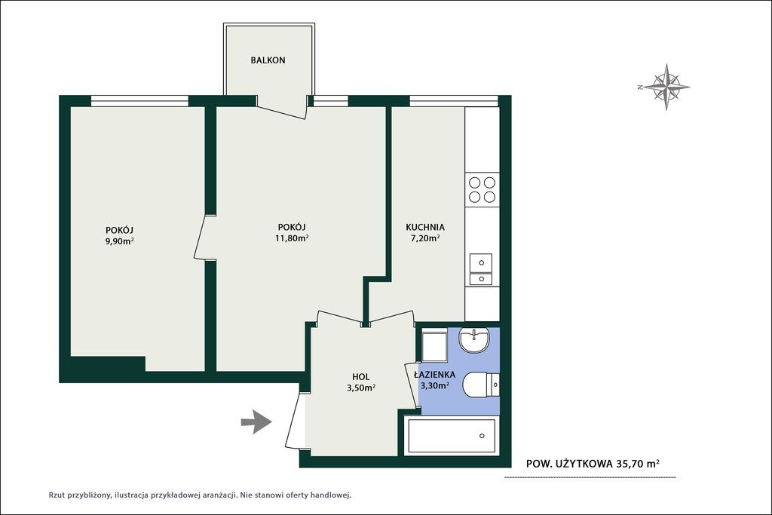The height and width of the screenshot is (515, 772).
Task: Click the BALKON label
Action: [268, 60]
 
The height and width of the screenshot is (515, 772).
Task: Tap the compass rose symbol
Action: [666, 87]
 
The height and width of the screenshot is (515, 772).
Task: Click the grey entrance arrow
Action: [256, 422]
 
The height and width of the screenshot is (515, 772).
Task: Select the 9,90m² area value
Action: [120, 241]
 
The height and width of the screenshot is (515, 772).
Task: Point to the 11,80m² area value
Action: [292, 238]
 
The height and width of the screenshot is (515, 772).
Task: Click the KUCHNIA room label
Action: [425, 227]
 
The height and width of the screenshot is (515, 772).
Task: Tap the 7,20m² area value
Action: [425, 238]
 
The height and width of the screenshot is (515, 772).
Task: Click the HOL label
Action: [361, 377]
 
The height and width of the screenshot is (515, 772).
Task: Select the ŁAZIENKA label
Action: [434, 375]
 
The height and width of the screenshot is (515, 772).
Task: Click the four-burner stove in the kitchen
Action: [482, 189]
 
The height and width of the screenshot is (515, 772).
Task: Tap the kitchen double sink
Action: [482, 269]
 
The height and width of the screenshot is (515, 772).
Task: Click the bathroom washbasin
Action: [474, 340]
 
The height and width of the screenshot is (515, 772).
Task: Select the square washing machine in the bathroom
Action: [433, 345]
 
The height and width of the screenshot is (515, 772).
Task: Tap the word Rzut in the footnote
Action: [56, 495]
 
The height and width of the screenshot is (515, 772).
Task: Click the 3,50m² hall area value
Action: [361, 388]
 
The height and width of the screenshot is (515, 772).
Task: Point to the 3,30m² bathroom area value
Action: [434, 385]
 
